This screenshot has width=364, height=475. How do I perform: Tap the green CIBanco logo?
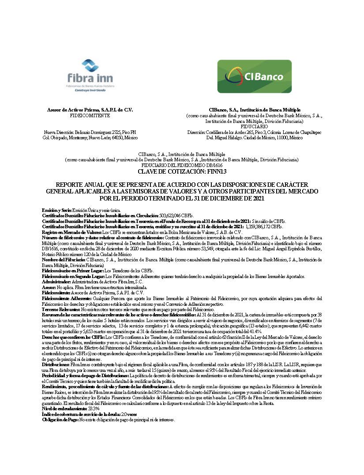point(254,76)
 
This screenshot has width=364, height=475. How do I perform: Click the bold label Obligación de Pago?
point(60,420)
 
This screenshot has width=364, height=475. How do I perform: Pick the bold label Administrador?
point(56,281)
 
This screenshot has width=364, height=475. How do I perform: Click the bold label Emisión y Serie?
point(56,210)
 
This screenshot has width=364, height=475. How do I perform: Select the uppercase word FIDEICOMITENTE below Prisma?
point(90,115)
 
